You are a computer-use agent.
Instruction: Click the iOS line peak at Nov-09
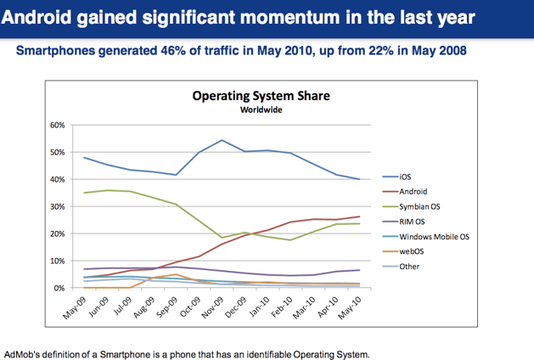click(x=222, y=140)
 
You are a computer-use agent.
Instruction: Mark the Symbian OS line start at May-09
click(x=85, y=193)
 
